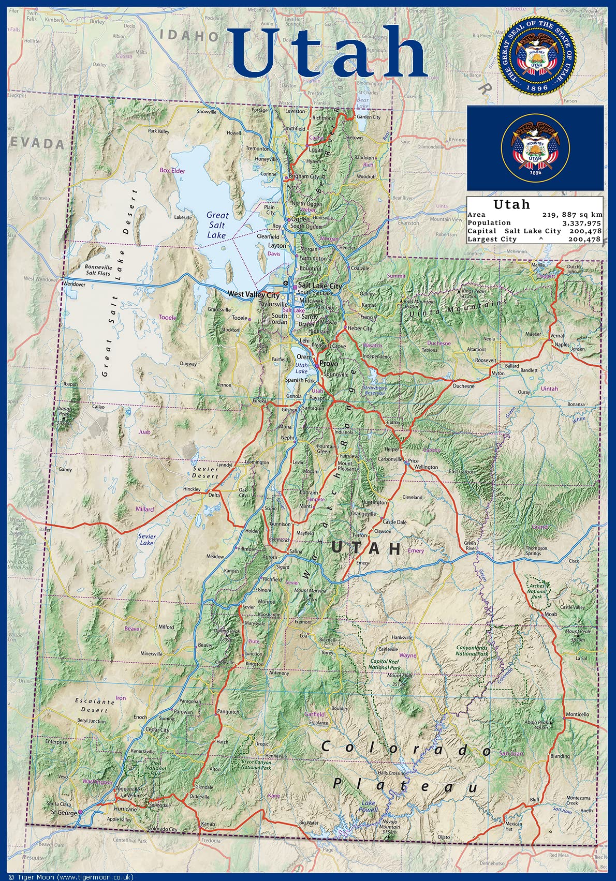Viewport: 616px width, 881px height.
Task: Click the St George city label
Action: pos(64,813)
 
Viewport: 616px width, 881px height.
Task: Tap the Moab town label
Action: pos(551,614)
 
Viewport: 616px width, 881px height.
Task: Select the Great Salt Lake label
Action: pos(217,225)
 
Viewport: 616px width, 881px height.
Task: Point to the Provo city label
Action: pos(329,364)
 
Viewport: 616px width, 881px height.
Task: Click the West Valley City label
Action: pos(254,294)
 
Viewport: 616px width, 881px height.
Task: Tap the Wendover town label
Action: pos(73,284)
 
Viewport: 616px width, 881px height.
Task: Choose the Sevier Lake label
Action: pos(147,540)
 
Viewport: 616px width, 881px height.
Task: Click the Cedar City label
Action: pos(157,730)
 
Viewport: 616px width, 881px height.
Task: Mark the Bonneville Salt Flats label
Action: pos(98,270)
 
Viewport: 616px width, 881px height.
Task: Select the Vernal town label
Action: pos(557,336)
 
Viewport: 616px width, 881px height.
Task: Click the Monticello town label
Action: pos(577,714)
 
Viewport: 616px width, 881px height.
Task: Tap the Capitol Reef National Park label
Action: pos(384,664)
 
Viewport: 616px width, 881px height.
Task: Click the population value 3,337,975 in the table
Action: pos(582,222)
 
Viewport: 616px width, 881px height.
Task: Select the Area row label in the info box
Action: pos(476,214)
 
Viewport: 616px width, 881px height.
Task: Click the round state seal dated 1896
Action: pos(537,55)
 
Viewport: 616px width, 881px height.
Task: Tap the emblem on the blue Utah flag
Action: pos(535,148)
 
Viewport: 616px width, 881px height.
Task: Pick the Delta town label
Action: pos(214,495)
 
